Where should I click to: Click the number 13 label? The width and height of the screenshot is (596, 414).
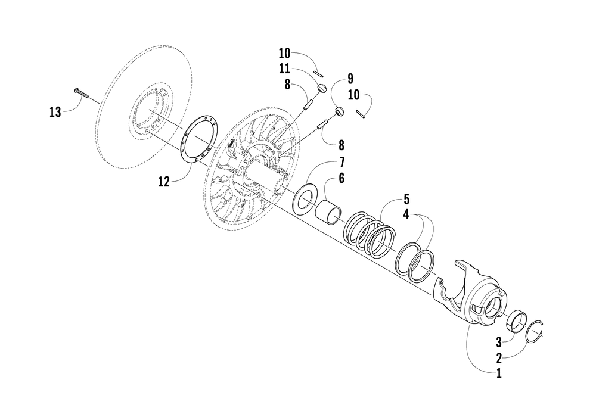click(x=55, y=111)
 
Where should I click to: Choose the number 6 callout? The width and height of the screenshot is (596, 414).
click(x=342, y=178)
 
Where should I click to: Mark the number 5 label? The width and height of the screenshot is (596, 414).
click(x=406, y=198)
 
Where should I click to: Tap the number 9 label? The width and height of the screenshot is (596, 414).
click(x=350, y=78)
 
